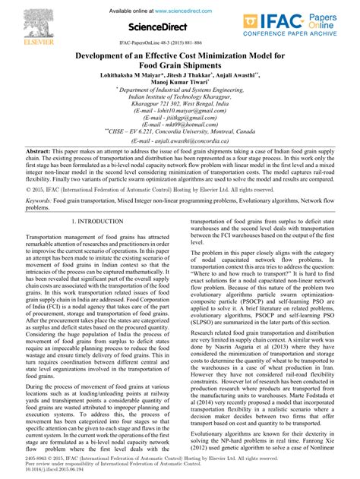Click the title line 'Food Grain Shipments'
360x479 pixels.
click(x=179, y=68)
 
